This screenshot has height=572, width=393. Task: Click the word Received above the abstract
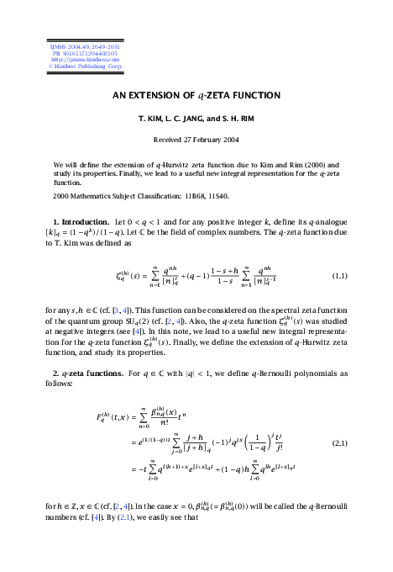pos(168,140)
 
